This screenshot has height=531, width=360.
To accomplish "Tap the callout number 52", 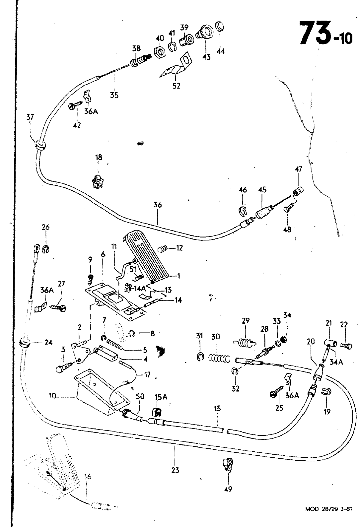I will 177,86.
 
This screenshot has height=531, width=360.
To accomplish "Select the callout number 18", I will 99,157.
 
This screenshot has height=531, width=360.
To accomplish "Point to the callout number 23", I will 176,470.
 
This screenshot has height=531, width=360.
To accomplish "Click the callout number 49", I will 229,489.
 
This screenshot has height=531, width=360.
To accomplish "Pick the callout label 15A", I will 161,397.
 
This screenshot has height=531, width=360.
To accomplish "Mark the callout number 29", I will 246,321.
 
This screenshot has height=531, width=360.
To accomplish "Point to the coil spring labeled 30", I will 219,358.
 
